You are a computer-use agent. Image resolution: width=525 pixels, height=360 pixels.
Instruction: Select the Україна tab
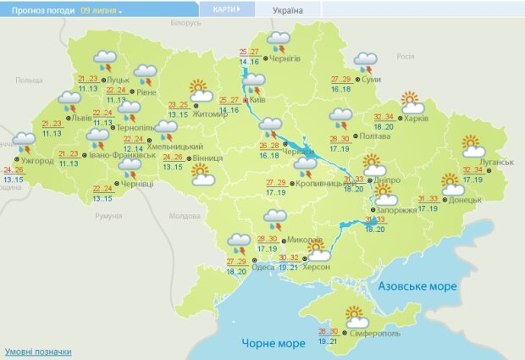[x=287, y=10]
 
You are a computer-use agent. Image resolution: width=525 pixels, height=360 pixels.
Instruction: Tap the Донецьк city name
[x=465, y=201]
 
